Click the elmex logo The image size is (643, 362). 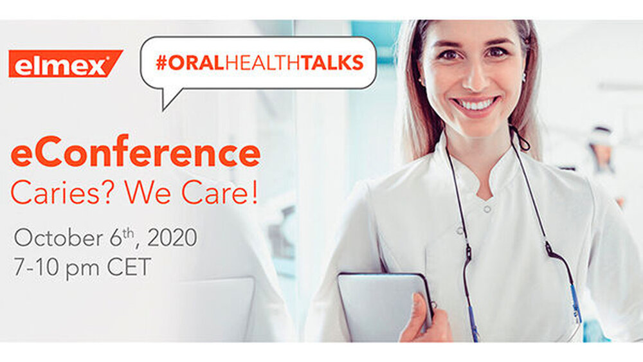click(x=66, y=64)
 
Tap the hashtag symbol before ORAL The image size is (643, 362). click(x=161, y=63)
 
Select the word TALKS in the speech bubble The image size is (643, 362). click(x=333, y=63)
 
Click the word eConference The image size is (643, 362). click(x=136, y=152)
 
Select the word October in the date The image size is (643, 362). click(x=59, y=238)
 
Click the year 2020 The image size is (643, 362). click(x=172, y=238)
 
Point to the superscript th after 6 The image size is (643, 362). click(x=129, y=233)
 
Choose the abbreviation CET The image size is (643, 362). click(x=129, y=267)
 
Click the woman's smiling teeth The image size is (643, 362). click(x=476, y=104)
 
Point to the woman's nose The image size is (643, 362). click(x=476, y=77)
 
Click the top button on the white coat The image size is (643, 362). click(x=487, y=209)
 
